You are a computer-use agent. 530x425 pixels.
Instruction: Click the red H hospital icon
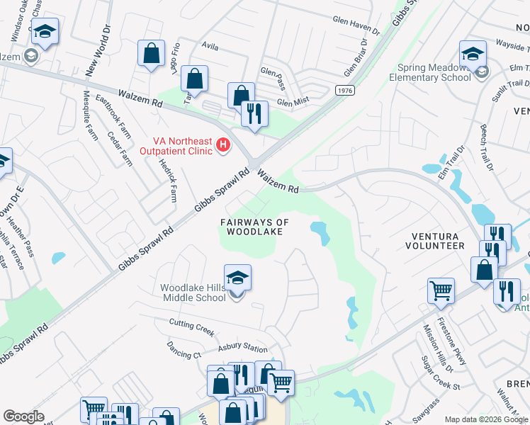point(223,146)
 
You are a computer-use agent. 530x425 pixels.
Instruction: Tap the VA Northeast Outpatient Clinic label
point(181,147)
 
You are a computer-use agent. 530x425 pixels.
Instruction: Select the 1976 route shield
point(344,90)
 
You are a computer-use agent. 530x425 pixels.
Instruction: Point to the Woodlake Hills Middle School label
point(193,293)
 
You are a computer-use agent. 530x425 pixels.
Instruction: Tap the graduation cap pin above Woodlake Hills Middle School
point(237,278)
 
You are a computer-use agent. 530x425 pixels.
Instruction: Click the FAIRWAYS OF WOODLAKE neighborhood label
point(255,227)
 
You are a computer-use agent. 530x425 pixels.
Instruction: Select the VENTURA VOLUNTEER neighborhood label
point(434,241)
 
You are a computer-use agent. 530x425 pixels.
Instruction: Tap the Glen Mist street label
point(294,102)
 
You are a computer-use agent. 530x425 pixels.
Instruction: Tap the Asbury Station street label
point(242,348)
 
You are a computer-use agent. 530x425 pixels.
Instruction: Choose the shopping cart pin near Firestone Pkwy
point(441,290)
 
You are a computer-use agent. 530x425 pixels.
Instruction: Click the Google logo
point(24,416)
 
